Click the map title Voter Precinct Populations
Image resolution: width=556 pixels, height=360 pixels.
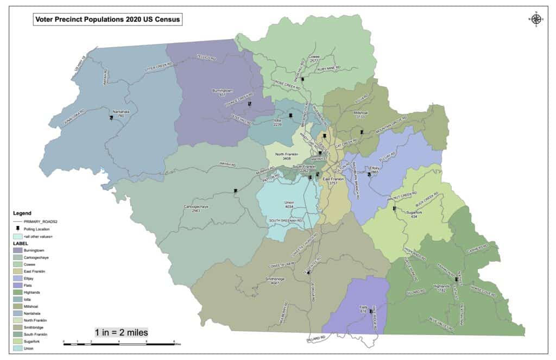[x=106, y=20]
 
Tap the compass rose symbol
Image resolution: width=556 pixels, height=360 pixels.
[x=535, y=20]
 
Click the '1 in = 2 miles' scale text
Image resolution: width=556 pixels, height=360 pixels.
[x=122, y=332]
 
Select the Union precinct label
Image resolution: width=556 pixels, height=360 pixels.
[x=289, y=205]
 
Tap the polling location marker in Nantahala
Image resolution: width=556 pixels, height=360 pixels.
[x=111, y=117]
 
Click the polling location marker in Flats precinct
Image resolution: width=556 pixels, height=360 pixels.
[x=371, y=311]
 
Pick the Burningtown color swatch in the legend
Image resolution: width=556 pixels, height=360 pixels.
[x=19, y=250]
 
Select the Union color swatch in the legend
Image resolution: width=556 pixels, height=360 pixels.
[x=19, y=348]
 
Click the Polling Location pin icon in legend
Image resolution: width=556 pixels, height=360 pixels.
[x=19, y=229]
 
